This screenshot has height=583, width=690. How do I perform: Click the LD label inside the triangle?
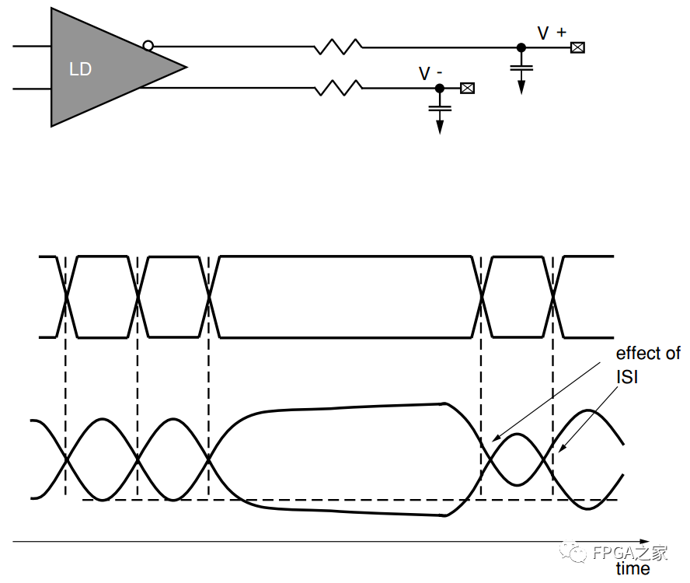pos(81,69)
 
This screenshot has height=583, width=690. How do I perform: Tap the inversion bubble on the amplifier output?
pos(148,46)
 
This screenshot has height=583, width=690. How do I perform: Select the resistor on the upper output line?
pos(339,47)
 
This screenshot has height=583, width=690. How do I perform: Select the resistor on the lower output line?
pos(339,89)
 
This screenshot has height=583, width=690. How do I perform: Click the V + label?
pos(552,32)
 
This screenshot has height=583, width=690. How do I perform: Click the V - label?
pos(430,74)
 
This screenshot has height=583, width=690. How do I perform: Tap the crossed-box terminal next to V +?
pos(577,47)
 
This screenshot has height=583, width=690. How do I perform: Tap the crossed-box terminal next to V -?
pos(467,89)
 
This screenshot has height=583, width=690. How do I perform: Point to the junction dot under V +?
pos(521,47)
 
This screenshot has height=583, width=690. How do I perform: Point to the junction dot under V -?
pos(439,89)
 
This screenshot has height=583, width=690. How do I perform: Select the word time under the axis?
pos(632,569)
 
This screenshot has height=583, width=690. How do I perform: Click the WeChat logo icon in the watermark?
pos(578,553)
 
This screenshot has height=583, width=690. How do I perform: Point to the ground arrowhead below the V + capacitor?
pos(521,86)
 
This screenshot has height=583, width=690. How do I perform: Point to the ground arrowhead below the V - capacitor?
pos(439,126)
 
